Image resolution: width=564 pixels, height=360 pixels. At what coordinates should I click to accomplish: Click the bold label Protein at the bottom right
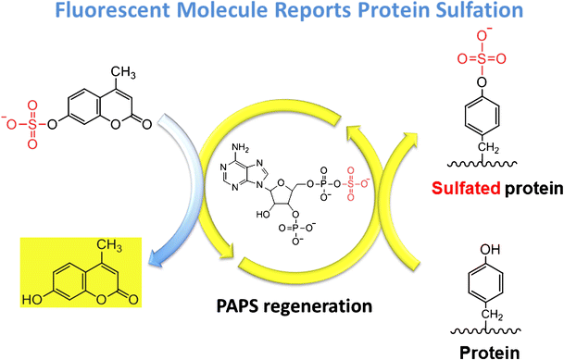click(x=486, y=351)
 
